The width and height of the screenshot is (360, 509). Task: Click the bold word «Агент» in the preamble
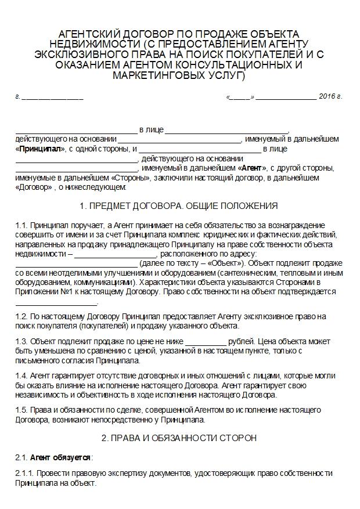coord(250,168)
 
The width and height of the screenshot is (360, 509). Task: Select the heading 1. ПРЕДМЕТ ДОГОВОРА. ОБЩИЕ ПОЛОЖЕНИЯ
coord(179,206)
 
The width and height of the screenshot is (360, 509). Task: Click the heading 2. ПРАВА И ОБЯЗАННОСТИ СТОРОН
coord(179,438)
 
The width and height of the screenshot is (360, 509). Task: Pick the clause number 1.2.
coord(21,316)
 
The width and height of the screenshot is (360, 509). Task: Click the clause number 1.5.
coord(21,409)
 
